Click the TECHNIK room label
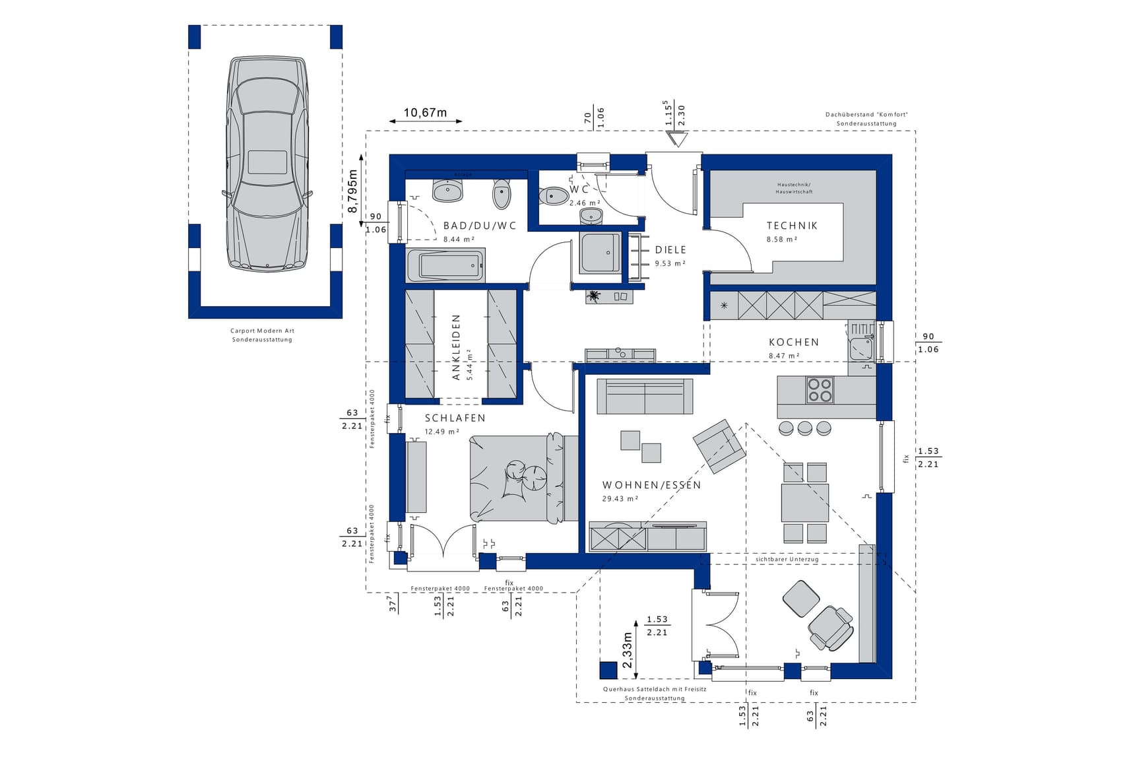coord(792,226)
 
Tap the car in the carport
coord(267,164)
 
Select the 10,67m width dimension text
coord(425,113)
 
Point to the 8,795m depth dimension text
coord(353,191)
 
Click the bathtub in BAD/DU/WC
coord(446,266)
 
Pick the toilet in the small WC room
coord(553,196)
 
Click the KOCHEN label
coord(794,342)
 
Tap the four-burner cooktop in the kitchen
coord(820,390)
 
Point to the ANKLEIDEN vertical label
coord(456,347)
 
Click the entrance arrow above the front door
coord(676,139)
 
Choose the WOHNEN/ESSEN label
coord(651,485)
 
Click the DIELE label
coord(670,250)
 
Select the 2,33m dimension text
coord(627,650)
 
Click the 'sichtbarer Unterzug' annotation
coord(787,559)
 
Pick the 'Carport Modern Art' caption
coord(262,331)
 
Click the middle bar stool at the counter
coord(805,428)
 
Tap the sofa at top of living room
coord(645,397)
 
